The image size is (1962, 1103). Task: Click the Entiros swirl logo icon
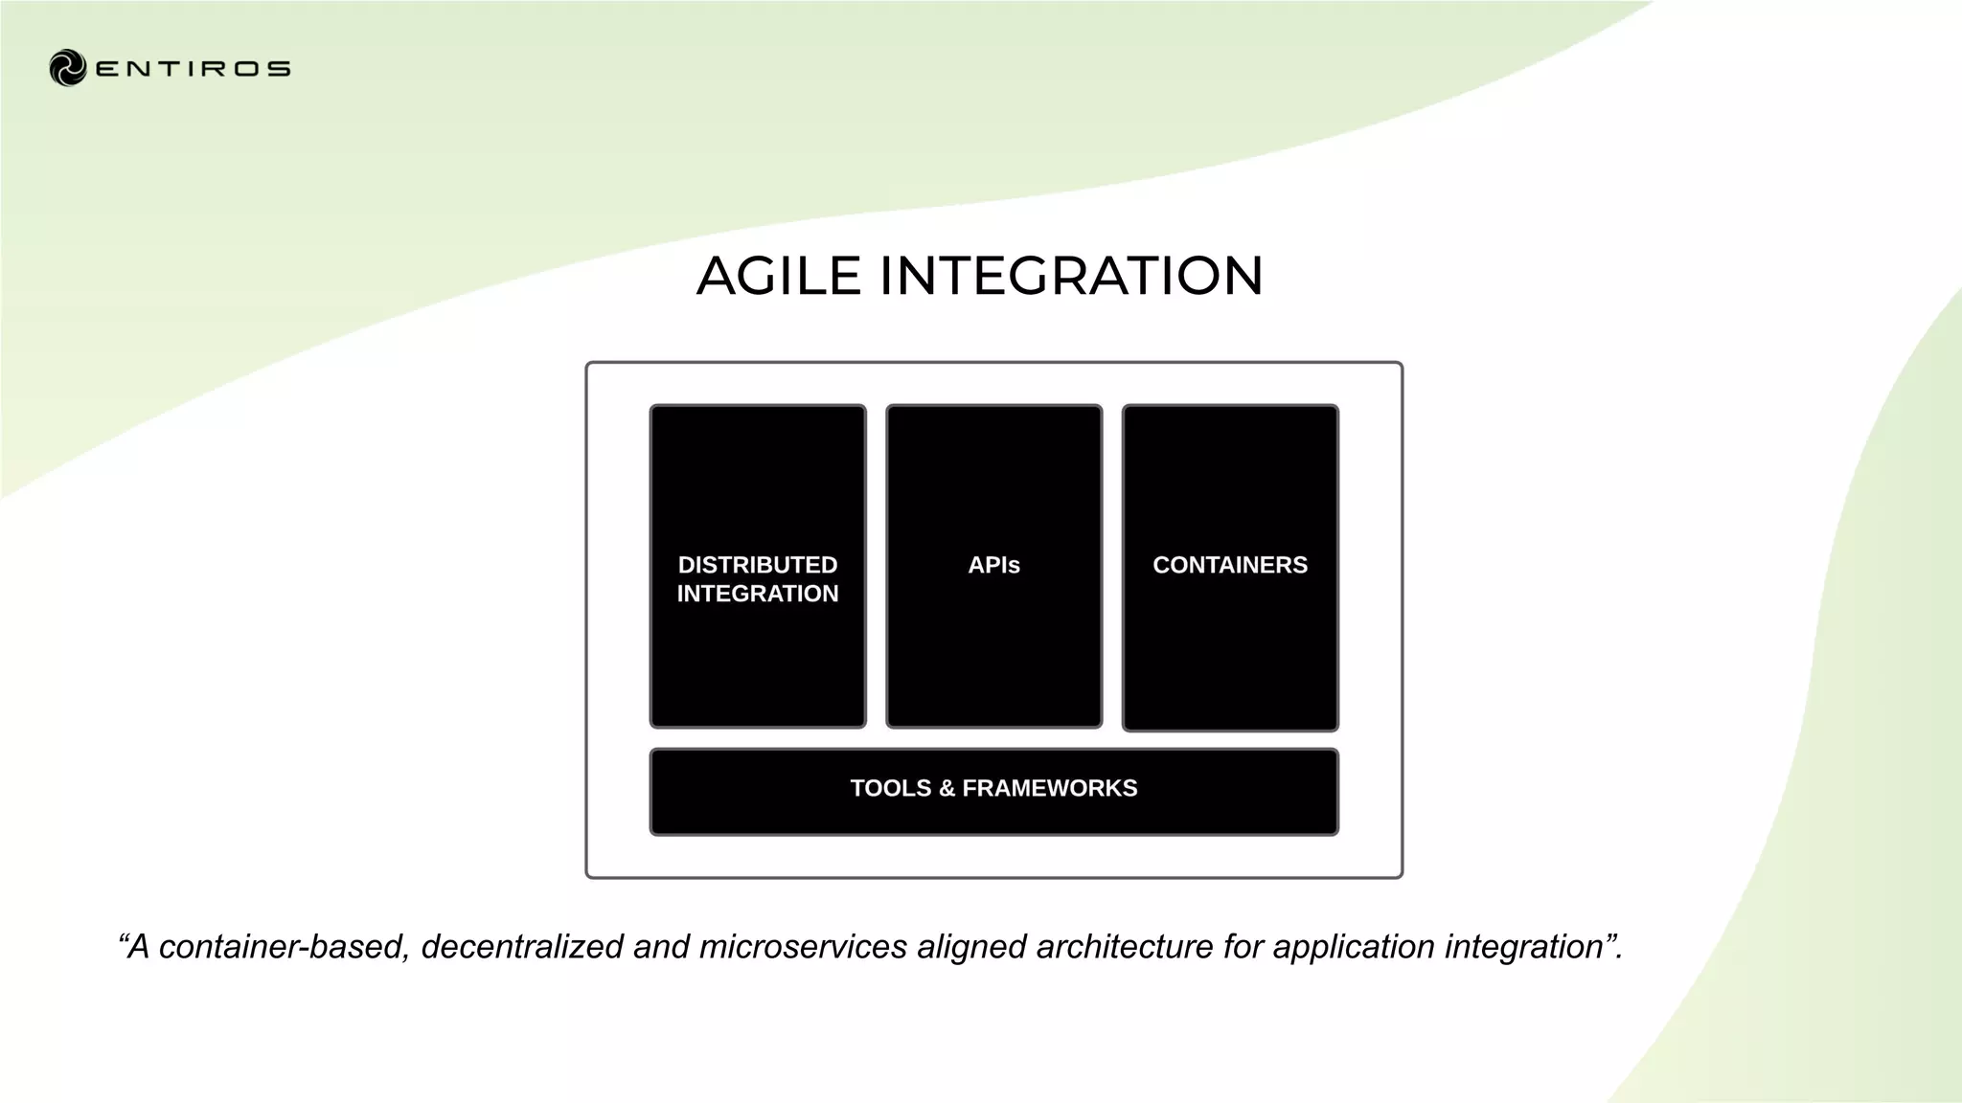68,68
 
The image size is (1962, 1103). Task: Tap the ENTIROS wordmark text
194,69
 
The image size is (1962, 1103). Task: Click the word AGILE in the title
779,276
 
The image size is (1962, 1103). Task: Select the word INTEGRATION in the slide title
1071,276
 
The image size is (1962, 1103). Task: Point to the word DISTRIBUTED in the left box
758,565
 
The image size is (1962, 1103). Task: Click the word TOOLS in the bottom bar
890,788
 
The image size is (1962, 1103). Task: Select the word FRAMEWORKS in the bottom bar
1050,788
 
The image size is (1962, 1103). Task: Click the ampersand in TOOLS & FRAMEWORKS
947,788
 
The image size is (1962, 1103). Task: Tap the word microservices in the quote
803,947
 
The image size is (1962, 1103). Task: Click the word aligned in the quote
970,947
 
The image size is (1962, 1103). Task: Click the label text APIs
993,565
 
